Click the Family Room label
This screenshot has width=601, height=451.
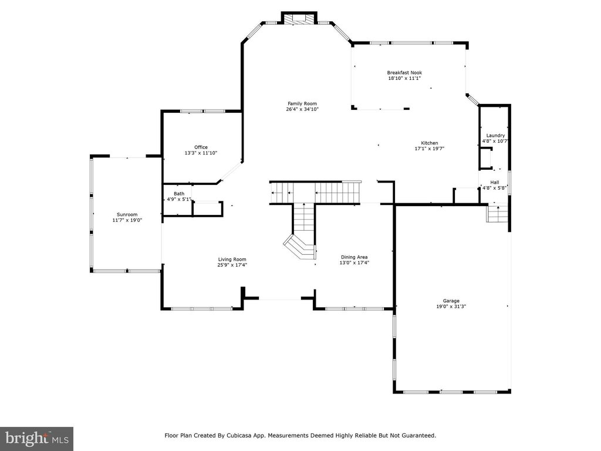pos(302,103)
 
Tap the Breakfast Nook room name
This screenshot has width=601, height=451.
pos(404,72)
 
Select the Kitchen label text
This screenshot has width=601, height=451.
pos(429,143)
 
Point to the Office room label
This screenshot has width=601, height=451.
pos(201,147)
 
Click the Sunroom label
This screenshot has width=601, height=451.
pos(127,215)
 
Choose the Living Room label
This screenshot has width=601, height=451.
pos(232,260)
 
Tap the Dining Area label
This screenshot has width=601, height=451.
pos(354,257)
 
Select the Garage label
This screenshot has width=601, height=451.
pos(451,301)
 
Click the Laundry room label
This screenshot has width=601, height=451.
pos(495,136)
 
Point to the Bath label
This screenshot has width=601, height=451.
pos(179,194)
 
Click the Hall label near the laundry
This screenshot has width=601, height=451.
pos(495,183)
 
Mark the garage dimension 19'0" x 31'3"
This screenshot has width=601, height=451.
pos(451,307)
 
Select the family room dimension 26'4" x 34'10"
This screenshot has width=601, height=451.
pos(302,109)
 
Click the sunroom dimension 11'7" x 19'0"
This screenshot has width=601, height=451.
pos(127,220)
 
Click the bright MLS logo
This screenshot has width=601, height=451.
pos(36,439)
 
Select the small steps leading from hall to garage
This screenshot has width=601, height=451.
pos(497,214)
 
